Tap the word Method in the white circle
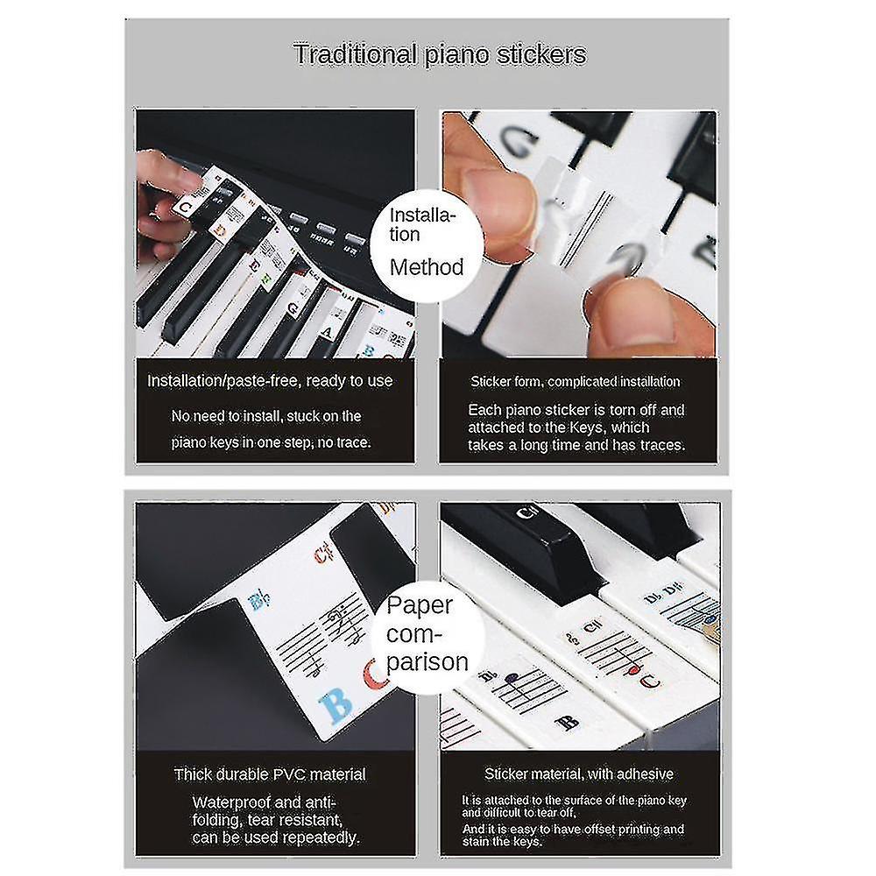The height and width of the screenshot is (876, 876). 426,267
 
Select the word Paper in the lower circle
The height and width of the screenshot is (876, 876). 420,604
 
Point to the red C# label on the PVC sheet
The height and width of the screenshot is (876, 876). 323,552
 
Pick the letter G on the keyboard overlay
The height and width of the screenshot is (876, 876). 295,308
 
